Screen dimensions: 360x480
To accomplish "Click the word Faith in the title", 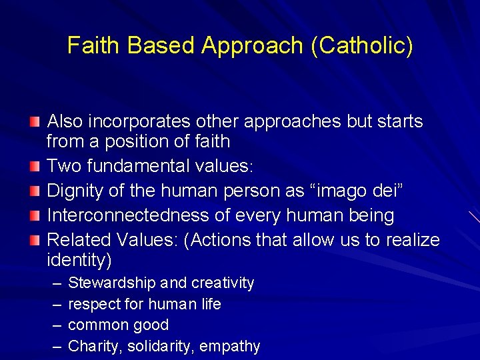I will coord(95,45).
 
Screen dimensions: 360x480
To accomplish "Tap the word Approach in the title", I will coord(255,45).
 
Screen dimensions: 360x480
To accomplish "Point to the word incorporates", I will coord(138,121).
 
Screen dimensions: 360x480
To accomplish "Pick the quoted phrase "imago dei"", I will coord(336,191).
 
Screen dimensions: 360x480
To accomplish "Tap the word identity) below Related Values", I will coord(79,259).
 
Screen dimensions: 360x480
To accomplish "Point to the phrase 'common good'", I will coord(119,325).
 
